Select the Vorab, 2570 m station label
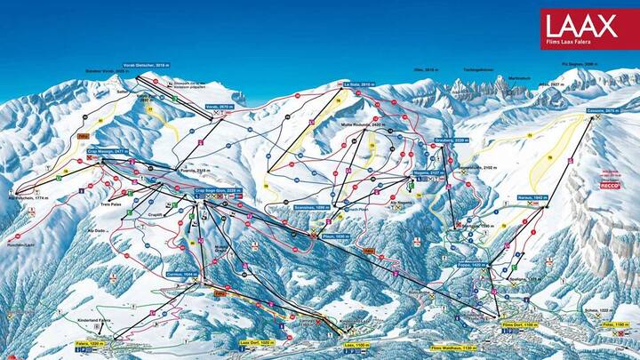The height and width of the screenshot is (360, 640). tap(220, 106)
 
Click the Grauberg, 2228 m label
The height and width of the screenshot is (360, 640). tap(452, 140)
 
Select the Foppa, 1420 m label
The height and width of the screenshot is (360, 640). tap(470, 264)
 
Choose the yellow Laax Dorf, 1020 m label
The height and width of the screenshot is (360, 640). tap(257, 342)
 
